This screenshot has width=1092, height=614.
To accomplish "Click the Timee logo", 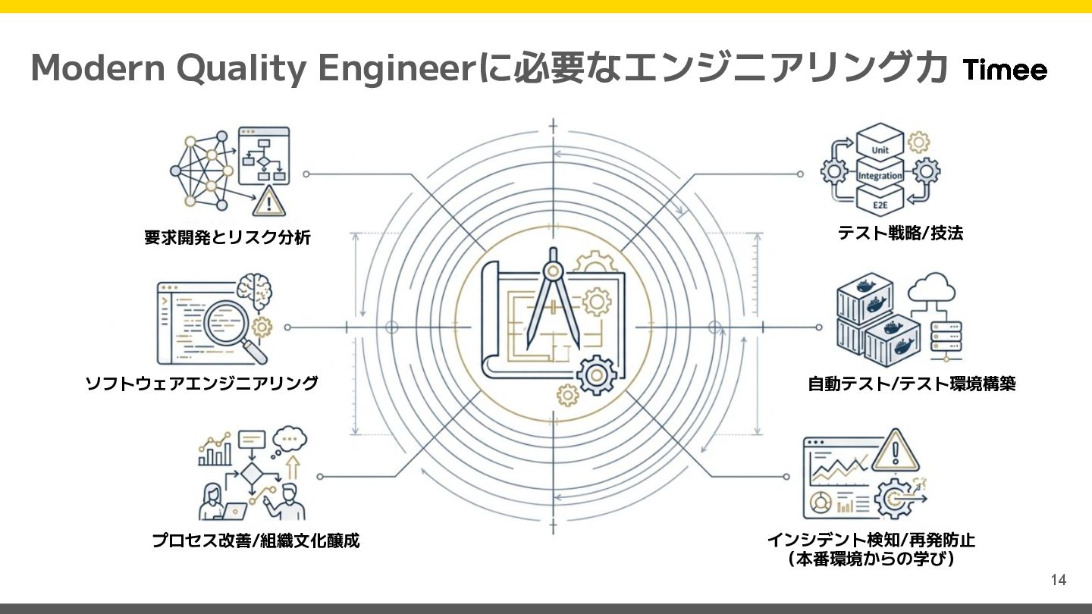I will click(x=1006, y=70).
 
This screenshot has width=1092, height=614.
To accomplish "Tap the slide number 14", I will click(x=1059, y=581).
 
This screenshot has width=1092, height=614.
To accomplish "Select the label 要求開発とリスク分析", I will click(x=227, y=238).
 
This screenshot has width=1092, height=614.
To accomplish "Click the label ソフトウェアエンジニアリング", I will click(x=202, y=384).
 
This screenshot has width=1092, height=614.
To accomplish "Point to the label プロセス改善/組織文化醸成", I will click(x=256, y=541).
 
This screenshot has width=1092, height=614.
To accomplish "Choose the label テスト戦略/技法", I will click(x=900, y=233).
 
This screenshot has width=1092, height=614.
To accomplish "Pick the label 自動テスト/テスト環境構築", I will click(x=912, y=384).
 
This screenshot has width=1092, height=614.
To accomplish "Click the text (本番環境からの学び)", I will click(x=870, y=560).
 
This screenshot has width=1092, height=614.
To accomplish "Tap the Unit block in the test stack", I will click(x=880, y=149).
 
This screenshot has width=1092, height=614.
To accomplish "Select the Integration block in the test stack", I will click(x=880, y=176).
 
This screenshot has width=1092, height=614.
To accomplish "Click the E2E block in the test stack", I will click(x=880, y=203).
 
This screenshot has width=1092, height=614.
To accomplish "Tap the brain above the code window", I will click(x=253, y=290).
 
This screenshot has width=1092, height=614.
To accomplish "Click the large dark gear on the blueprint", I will click(x=596, y=374).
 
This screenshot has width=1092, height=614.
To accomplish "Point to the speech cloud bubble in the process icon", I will click(x=289, y=439).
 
